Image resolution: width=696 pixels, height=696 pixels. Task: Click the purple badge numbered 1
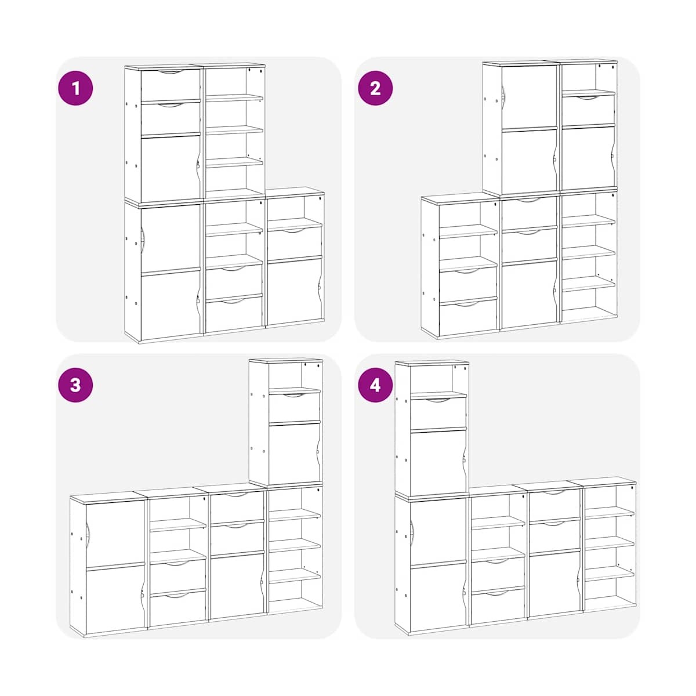click(x=75, y=88)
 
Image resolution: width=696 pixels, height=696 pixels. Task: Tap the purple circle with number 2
click(x=375, y=88)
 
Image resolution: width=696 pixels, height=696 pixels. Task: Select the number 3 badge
click(x=75, y=385)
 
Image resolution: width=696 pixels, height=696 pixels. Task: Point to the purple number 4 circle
click(x=375, y=385)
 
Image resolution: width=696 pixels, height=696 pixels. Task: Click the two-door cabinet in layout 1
click(x=162, y=271)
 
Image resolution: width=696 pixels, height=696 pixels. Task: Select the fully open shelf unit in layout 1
click(x=235, y=130)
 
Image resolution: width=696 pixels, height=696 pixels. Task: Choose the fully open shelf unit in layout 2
click(x=588, y=256)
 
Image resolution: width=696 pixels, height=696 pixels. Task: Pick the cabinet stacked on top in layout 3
click(x=286, y=422)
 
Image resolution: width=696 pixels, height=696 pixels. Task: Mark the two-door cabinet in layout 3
click(x=108, y=565)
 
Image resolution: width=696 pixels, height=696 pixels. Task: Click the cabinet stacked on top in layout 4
click(x=432, y=429)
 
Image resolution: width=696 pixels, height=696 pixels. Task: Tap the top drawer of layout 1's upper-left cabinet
click(x=170, y=85)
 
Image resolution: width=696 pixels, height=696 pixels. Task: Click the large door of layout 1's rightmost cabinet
click(x=295, y=291)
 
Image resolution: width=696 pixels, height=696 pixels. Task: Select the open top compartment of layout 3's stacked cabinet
click(x=295, y=376)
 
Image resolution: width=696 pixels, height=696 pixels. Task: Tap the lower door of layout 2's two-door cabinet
click(x=529, y=160)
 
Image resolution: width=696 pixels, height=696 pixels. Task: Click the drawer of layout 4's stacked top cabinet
click(x=438, y=414)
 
